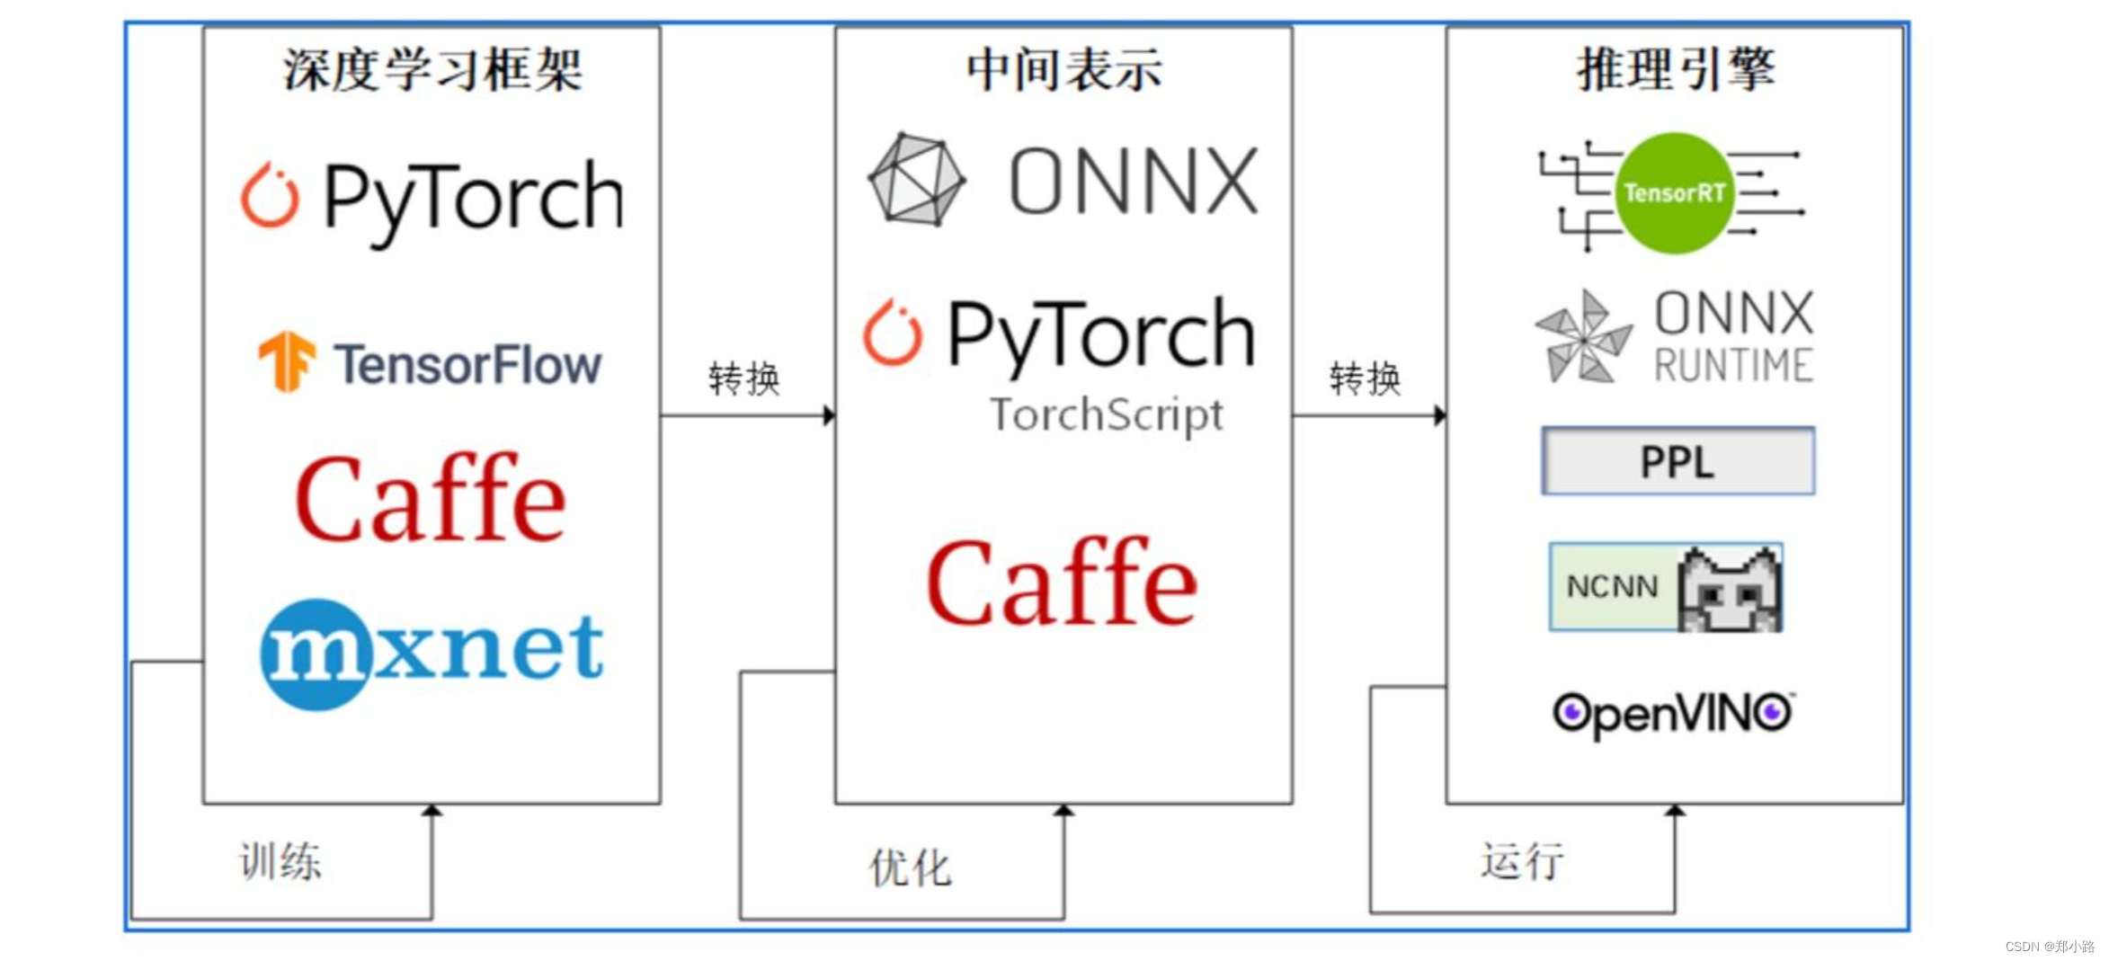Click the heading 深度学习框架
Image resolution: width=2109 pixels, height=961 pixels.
click(x=432, y=70)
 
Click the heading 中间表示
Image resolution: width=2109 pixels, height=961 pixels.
click(x=1063, y=70)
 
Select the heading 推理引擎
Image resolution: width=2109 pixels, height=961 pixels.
click(x=1676, y=70)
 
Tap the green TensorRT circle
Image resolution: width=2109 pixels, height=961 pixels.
click(x=1674, y=193)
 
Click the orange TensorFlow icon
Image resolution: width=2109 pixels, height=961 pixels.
click(x=287, y=361)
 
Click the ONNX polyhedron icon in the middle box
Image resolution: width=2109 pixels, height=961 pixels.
click(x=916, y=180)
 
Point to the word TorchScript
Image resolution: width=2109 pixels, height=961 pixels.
click(x=1106, y=415)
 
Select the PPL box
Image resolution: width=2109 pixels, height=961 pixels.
click(x=1677, y=461)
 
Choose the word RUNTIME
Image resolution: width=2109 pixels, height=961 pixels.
click(x=1733, y=366)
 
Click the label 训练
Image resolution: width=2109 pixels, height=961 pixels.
click(x=280, y=861)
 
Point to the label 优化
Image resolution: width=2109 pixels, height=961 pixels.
click(x=909, y=868)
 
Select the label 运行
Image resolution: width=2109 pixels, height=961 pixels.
click(x=1522, y=861)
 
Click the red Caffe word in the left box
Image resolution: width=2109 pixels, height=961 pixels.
click(x=431, y=499)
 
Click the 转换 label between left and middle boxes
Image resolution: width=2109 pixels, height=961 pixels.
click(x=743, y=378)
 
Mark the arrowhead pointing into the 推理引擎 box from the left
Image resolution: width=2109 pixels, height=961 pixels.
click(x=1439, y=415)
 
